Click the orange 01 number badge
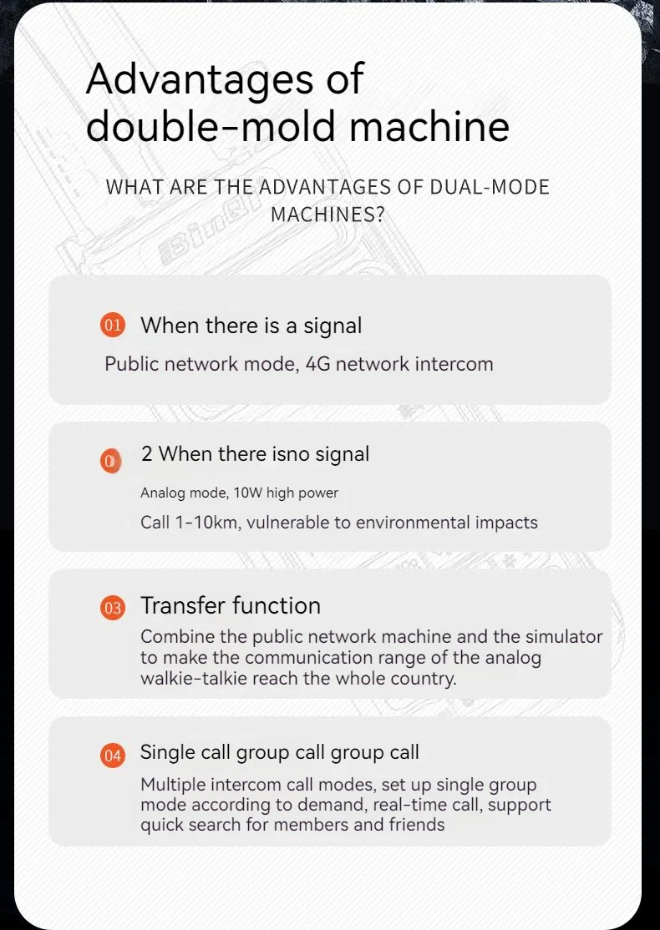coord(112,326)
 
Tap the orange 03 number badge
coord(112,609)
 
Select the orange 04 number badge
coord(112,756)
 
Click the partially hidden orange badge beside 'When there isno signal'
coord(110,461)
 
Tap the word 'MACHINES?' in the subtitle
coord(327,214)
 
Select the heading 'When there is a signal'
coord(251,326)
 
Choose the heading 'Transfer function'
coord(231,605)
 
